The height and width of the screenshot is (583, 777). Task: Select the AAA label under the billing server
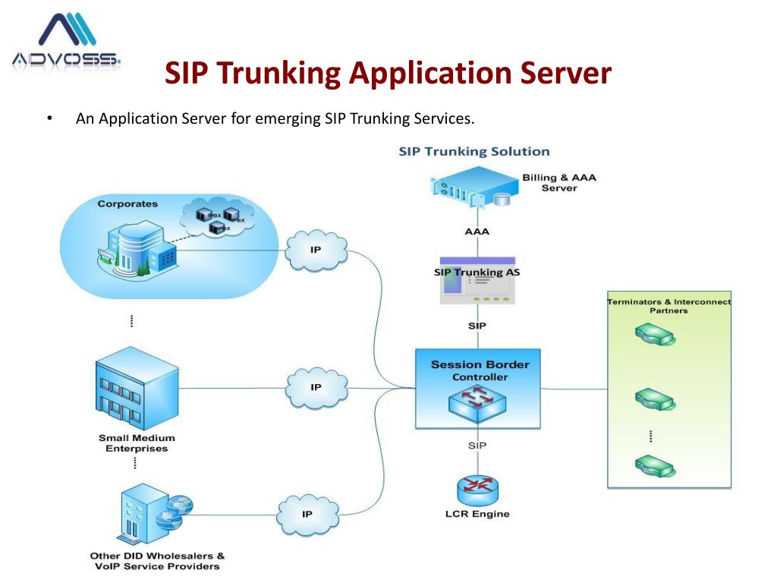pos(477,232)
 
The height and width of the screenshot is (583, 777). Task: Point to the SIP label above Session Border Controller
pos(477,326)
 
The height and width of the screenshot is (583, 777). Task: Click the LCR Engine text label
pos(477,514)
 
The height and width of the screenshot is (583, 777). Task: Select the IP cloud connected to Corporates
pos(316,251)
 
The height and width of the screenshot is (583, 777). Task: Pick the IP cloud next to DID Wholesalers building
pos(307,514)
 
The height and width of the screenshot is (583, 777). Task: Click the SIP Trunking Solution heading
pos(474,152)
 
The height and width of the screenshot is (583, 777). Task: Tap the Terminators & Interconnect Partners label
pos(668,306)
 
